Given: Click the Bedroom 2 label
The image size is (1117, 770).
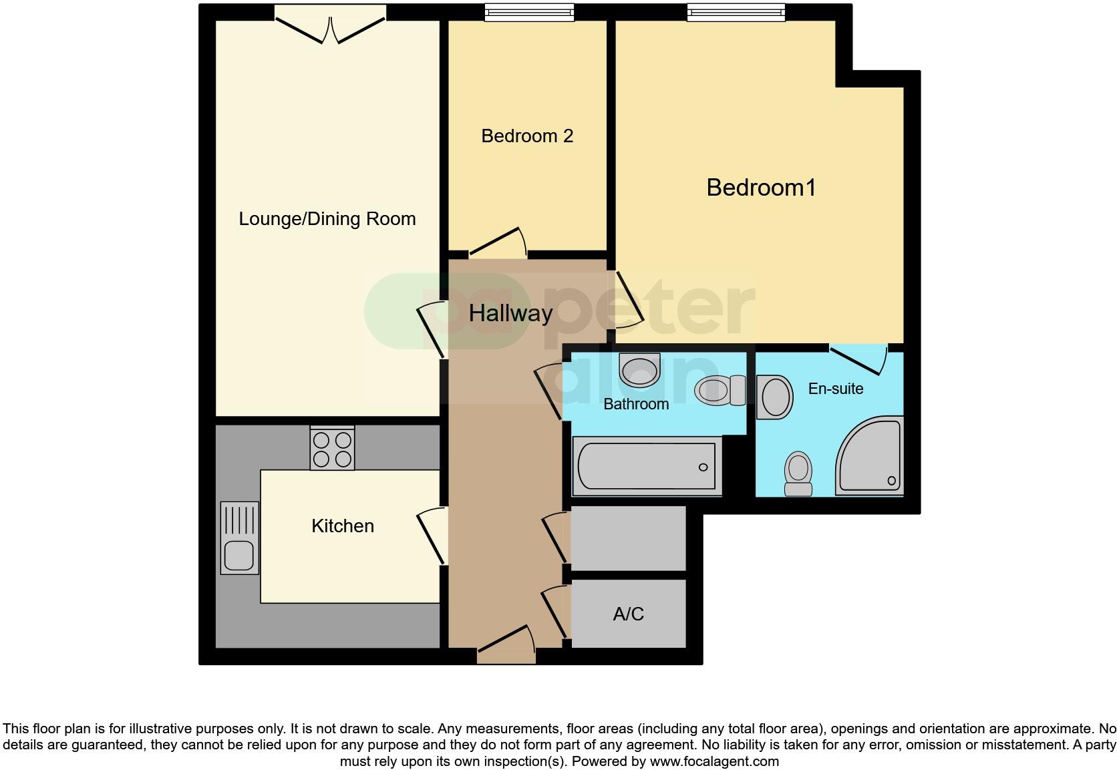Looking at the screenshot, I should [527, 136].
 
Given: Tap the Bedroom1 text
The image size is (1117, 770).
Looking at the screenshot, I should [761, 188].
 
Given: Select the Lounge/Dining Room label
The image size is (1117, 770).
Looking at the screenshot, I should [327, 219].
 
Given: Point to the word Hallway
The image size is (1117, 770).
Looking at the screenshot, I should [510, 313].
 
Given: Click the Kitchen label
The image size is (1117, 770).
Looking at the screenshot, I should [343, 526].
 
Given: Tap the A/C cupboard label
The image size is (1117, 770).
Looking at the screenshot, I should [628, 614].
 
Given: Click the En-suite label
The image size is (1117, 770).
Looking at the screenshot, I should [835, 389].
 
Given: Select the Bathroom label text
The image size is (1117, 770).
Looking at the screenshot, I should [636, 404].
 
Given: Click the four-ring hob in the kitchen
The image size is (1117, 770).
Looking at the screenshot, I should [332, 449].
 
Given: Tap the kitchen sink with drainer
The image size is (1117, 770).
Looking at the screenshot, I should [239, 538].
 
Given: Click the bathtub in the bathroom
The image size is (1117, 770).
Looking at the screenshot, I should [647, 466].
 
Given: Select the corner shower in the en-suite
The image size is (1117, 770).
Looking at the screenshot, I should [871, 458].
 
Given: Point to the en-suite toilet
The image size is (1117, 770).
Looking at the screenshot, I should [798, 473].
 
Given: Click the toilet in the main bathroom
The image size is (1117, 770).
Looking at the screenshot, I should [719, 391].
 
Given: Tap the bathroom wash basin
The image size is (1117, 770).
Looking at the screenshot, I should [639, 370].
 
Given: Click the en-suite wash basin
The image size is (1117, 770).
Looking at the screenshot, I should [774, 397].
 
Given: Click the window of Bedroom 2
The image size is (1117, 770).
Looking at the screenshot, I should [529, 12].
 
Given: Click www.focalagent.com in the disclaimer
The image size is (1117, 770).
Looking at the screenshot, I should [714, 761].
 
